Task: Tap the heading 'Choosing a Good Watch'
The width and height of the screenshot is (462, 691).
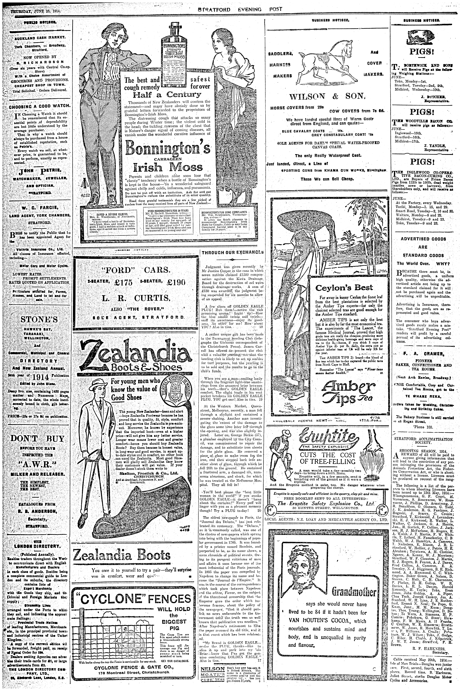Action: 39,106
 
